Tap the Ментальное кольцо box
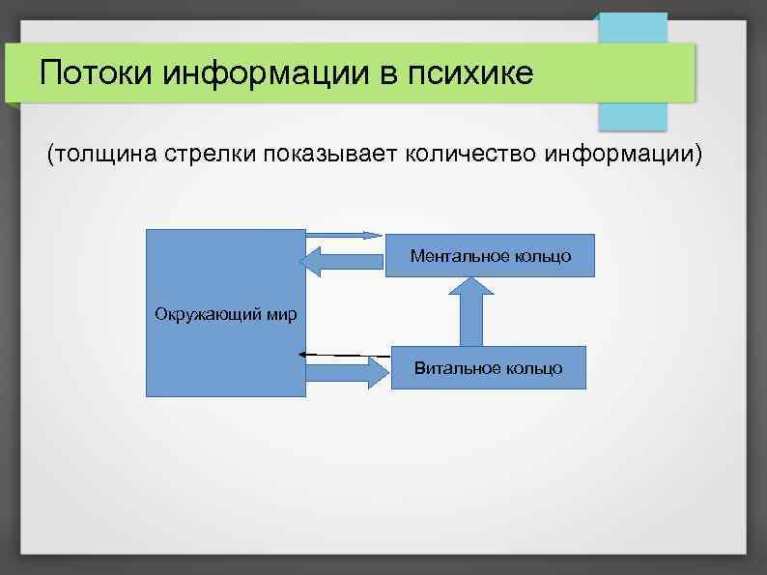pyautogui.click(x=490, y=255)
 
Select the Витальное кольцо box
pyautogui.click(x=488, y=367)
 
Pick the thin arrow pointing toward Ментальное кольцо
pyautogui.click(x=345, y=235)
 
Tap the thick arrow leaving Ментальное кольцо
pyautogui.click(x=343, y=261)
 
